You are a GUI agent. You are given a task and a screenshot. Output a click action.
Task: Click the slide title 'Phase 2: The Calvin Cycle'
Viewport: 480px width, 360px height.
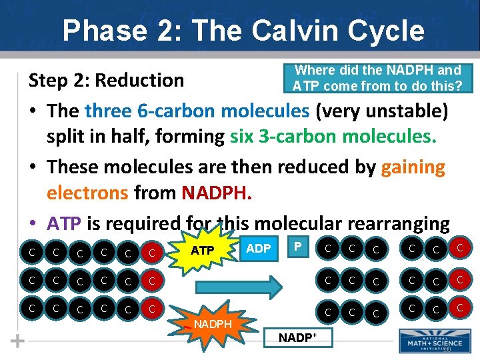coord(243,31)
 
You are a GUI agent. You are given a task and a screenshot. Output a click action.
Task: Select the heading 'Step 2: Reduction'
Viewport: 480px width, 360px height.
coord(106,81)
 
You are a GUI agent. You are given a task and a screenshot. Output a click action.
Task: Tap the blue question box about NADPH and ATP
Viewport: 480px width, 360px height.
coord(377,78)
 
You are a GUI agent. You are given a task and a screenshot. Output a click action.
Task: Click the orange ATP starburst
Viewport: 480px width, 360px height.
coord(202,251)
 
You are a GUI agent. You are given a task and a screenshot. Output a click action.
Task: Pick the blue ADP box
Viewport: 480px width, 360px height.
coord(259,249)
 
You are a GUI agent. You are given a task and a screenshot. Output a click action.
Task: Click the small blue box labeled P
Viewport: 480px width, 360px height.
coord(298,247)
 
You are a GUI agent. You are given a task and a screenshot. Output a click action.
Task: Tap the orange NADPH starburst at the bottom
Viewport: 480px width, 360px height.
coord(213,324)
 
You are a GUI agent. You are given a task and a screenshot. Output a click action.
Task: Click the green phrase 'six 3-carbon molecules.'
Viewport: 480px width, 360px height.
coord(333,137)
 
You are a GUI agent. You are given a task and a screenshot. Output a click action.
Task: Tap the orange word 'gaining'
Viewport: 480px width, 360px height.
coord(413,167)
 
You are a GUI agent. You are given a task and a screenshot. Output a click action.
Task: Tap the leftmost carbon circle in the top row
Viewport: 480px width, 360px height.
coord(31,251)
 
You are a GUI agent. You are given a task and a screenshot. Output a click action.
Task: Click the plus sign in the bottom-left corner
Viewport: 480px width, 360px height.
coord(18,341)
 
